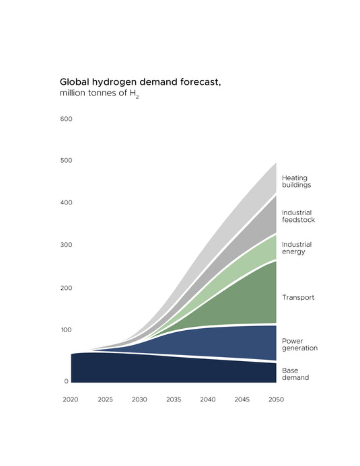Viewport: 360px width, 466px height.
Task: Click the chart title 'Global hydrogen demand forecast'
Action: coord(141,81)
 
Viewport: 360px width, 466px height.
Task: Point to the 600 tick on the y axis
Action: coord(66,119)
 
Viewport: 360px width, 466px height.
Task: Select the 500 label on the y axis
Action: coord(66,161)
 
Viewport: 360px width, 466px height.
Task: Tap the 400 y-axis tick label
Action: coord(66,202)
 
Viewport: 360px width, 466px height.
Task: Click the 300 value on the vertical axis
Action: coord(66,245)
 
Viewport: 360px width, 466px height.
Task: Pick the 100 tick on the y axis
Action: coord(66,329)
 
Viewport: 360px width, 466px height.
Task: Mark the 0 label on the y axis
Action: coord(67,381)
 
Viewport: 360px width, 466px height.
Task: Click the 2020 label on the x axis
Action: coord(71,399)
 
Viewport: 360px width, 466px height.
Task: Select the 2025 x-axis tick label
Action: coord(105,399)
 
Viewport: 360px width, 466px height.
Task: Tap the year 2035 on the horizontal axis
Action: coord(174,399)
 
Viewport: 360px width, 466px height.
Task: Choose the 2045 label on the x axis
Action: coord(242,399)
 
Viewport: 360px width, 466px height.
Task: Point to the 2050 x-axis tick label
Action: coord(276,399)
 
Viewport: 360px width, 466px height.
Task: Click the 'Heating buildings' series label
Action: coord(296,181)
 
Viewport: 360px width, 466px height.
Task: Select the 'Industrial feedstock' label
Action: coord(298,216)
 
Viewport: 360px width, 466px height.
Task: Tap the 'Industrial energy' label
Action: coord(296,247)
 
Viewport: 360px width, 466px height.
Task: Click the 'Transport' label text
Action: coord(298,297)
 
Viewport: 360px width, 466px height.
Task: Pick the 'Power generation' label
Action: coord(299,344)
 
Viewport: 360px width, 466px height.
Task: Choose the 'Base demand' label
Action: coord(295,374)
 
